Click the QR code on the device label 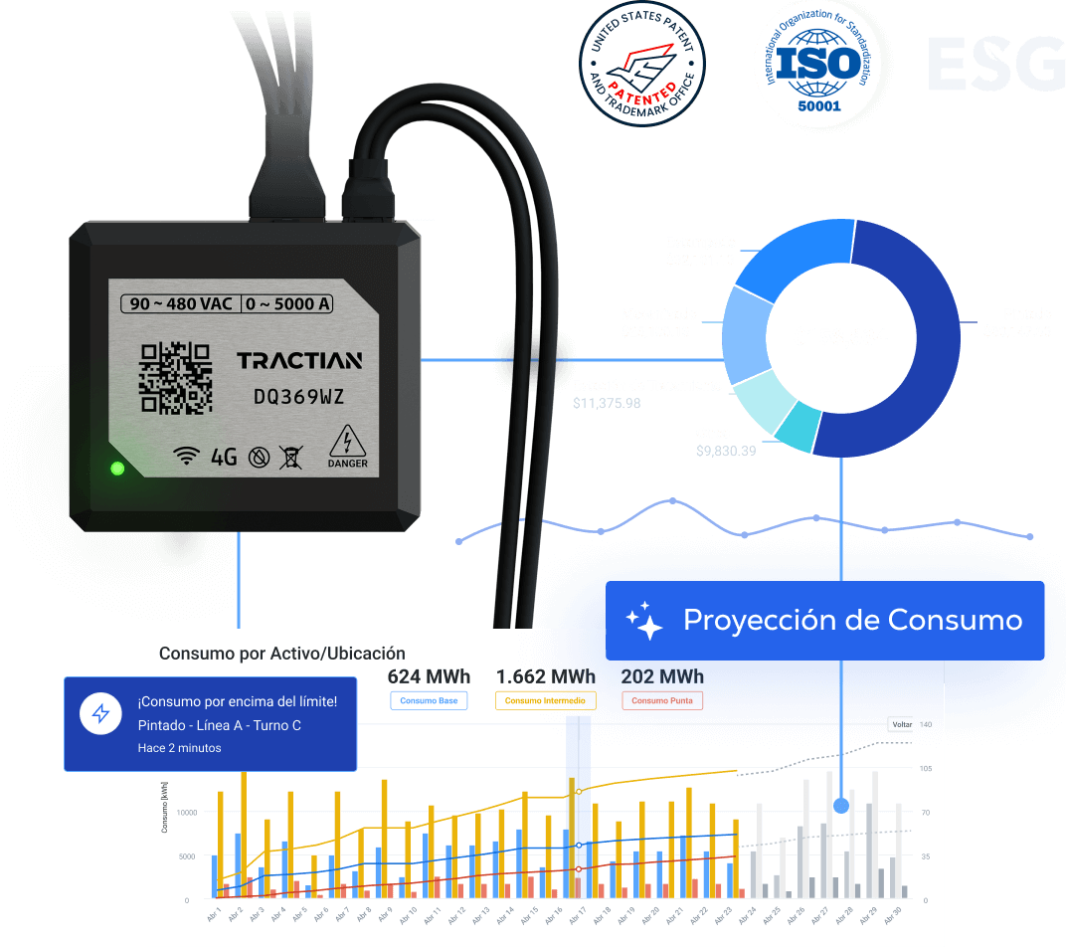175,378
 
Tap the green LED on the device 117,468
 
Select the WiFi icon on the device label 186,456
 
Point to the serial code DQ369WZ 298,397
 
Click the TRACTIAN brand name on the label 299,360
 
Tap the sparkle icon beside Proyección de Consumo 644,621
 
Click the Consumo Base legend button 429,701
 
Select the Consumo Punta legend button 662,701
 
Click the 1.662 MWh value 546,676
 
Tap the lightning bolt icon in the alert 100,713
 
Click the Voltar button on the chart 901,724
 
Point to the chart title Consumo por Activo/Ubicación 282,654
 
